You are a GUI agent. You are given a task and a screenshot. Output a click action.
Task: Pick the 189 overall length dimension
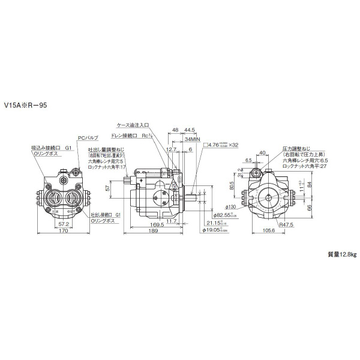coord(154,232)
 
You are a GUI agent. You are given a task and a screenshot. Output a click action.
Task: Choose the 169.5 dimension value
coord(155,225)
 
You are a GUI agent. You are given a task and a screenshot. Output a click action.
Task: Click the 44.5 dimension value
coord(190,129)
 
